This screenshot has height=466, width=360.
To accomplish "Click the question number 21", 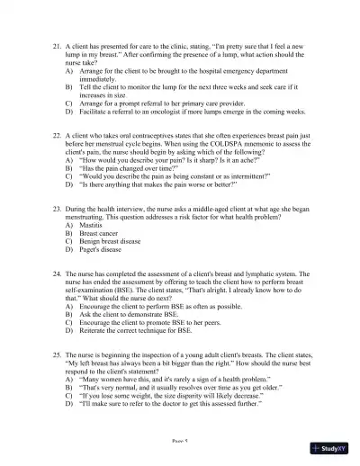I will pos(58,43).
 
